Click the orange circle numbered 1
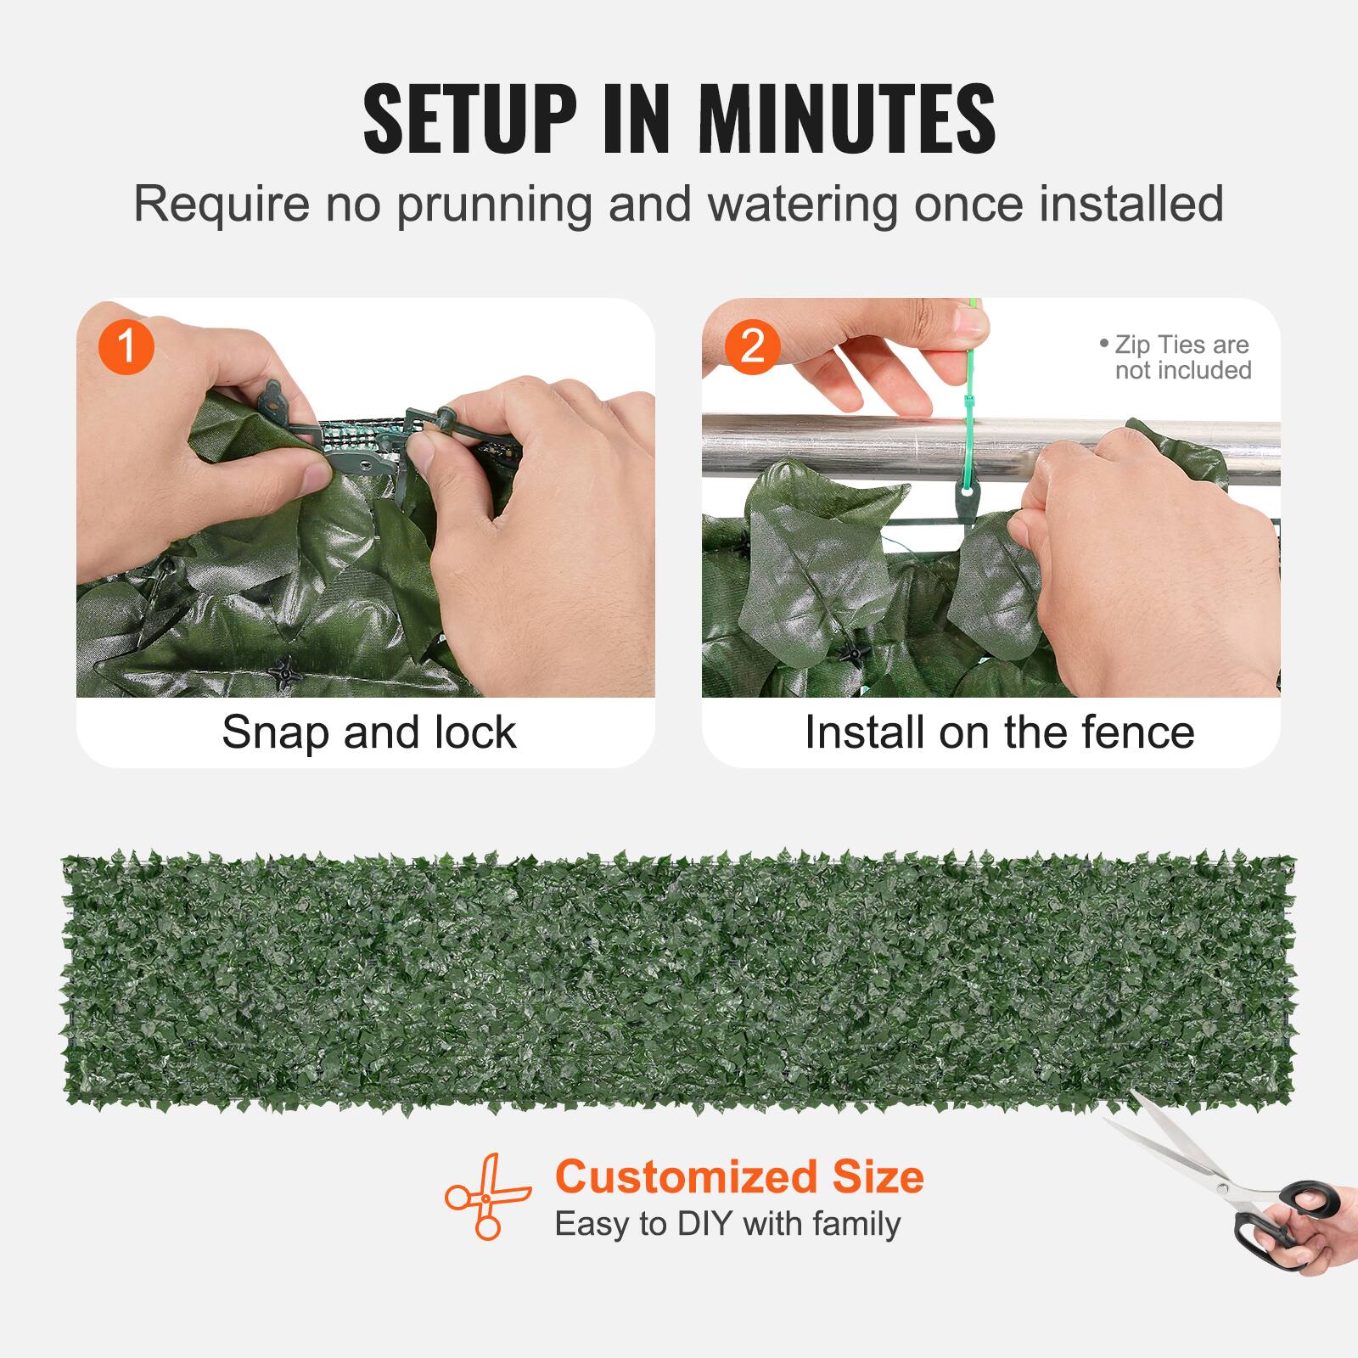click(126, 346)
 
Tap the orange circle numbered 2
click(752, 346)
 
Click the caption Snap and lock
click(368, 732)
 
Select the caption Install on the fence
click(999, 732)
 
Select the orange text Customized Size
click(739, 1177)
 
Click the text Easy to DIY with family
click(727, 1224)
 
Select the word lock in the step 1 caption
click(474, 732)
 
